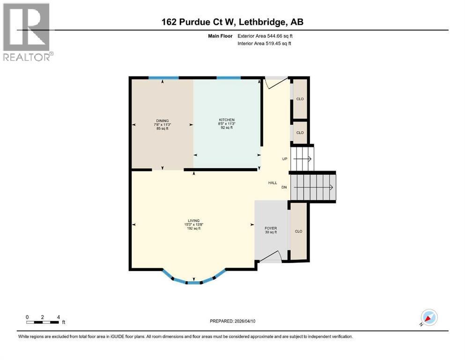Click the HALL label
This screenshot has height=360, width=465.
273,183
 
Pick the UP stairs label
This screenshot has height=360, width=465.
284,159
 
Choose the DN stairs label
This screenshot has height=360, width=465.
284,187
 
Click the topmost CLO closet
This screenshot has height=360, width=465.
300,99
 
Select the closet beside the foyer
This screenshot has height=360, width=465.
298,232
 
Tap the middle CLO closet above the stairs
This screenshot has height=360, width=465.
300,133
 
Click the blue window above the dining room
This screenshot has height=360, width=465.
163,77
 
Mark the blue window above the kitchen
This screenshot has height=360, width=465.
229,77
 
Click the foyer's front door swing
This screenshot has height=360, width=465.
272,256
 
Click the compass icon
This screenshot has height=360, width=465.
429,317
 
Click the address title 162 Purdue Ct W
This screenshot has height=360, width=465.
233,22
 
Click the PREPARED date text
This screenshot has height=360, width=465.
233,321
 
